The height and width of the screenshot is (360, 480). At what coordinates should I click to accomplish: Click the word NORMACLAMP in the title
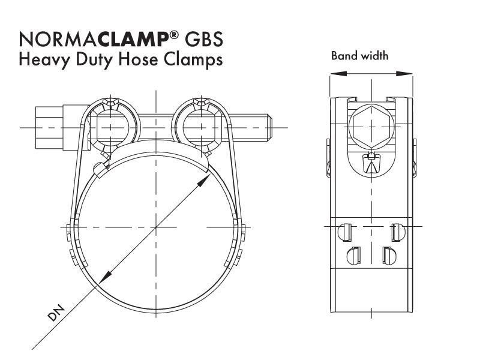(94, 39)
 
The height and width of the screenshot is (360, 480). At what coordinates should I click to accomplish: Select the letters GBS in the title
(203, 39)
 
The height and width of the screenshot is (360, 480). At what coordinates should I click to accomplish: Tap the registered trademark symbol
(173, 35)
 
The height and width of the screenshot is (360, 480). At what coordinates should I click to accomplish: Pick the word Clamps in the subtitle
(193, 60)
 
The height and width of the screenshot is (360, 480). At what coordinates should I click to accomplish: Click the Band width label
(359, 56)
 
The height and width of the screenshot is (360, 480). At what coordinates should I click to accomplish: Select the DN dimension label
(56, 313)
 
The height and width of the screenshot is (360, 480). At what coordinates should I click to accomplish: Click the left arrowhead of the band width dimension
(338, 73)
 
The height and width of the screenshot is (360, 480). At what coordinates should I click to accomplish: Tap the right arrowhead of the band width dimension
(404, 73)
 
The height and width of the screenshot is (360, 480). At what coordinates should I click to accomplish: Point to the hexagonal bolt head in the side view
(371, 127)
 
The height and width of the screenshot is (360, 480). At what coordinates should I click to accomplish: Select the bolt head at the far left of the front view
(49, 127)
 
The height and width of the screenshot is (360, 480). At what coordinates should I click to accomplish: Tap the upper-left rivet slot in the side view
(344, 232)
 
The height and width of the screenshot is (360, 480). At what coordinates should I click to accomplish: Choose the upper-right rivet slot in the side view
(398, 232)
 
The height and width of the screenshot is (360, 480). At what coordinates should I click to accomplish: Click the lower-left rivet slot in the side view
(353, 256)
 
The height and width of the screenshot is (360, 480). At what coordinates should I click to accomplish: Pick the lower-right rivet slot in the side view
(389, 256)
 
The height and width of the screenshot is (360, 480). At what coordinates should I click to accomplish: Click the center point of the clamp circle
(156, 227)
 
